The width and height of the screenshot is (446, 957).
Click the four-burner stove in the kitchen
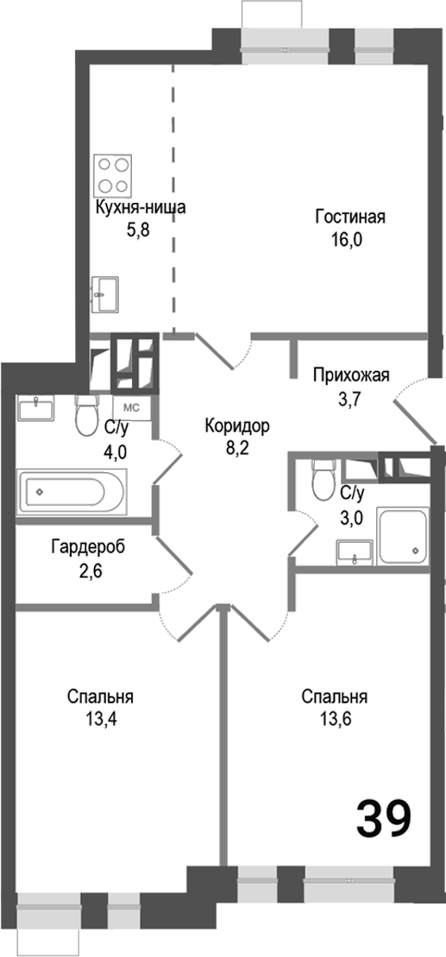(x=114, y=175)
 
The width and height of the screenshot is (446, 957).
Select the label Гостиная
(x=349, y=217)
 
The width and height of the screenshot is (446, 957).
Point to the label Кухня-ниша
(x=140, y=208)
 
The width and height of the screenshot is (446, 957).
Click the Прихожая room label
(x=352, y=375)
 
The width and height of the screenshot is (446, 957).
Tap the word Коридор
(x=237, y=425)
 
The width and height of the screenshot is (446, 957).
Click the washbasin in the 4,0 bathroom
(x=36, y=407)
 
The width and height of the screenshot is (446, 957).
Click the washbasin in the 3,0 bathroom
(x=355, y=551)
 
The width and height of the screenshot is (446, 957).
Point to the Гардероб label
(x=82, y=546)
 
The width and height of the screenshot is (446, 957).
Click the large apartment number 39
(x=383, y=818)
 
